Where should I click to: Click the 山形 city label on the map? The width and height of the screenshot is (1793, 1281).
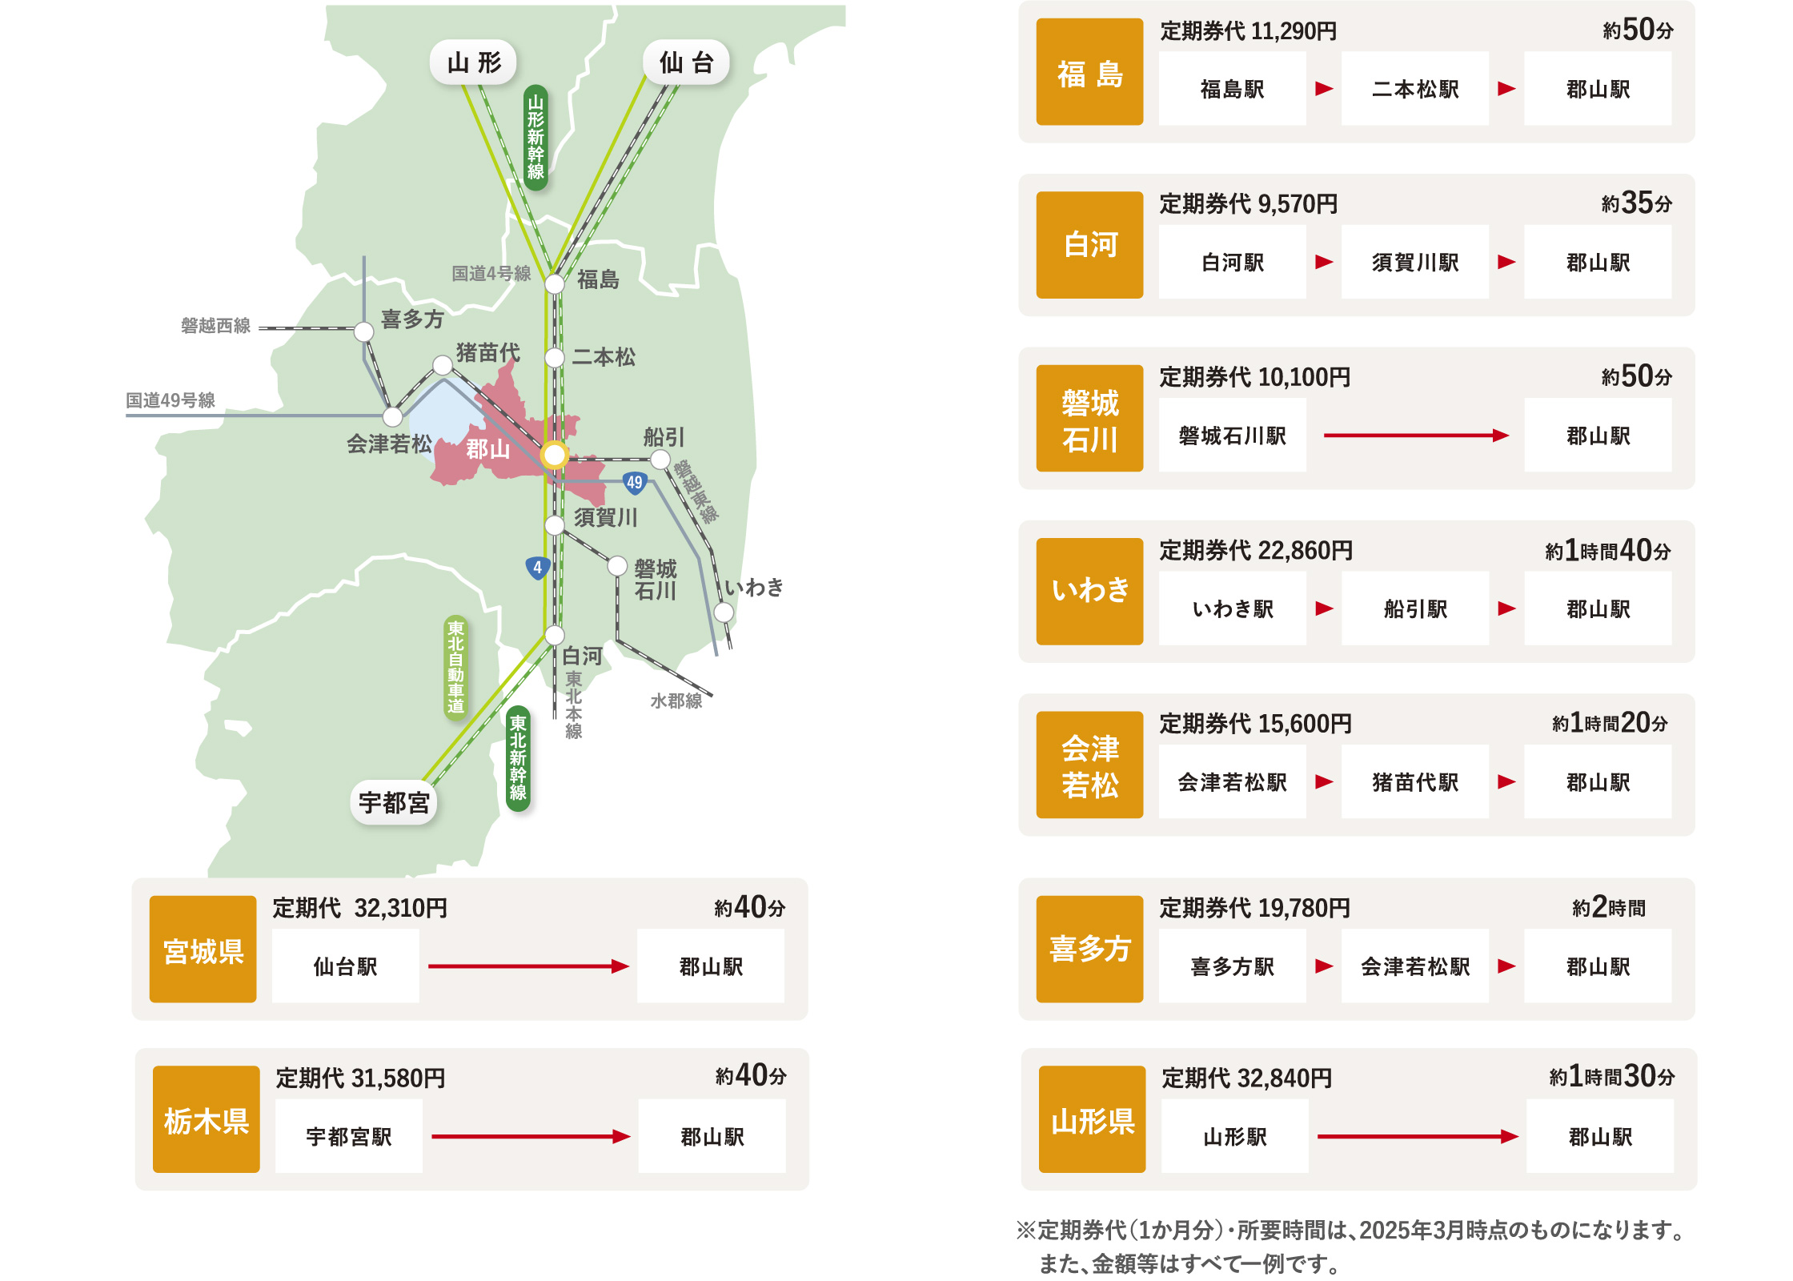point(473,62)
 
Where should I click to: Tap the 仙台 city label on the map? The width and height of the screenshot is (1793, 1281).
point(686,62)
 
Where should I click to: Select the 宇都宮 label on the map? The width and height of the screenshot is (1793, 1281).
point(394,802)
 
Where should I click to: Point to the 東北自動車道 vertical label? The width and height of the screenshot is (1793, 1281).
point(455,667)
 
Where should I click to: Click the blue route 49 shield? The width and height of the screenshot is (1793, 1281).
point(635,482)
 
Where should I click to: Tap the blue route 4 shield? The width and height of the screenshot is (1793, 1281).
point(537,568)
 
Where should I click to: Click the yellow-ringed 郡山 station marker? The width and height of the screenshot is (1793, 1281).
point(554,455)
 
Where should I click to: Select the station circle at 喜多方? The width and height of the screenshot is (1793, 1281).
point(364,331)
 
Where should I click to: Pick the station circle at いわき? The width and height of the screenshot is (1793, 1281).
point(724,612)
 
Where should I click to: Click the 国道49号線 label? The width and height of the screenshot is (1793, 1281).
point(170,400)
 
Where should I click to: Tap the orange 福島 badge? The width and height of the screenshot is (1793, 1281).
point(1089,72)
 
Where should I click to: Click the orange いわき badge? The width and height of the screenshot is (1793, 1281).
point(1089,591)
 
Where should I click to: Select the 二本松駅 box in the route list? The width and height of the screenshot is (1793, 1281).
point(1414,89)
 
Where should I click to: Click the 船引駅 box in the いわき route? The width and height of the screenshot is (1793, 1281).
point(1414,608)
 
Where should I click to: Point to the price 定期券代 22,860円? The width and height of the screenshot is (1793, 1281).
point(1256,551)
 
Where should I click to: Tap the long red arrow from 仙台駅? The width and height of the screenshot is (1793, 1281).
point(528,966)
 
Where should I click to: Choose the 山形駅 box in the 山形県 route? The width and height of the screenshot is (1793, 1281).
point(1234,1136)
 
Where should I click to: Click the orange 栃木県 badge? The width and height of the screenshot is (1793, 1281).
point(207,1119)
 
